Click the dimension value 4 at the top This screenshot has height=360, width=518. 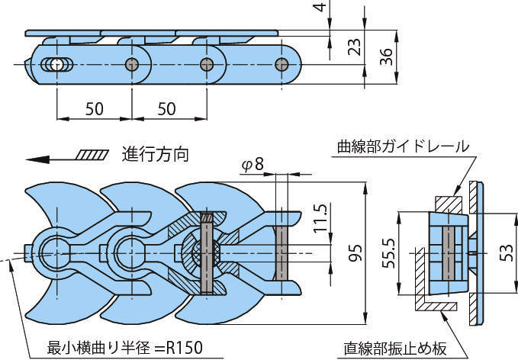coord(320,11)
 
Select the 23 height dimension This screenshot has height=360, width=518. coord(353,48)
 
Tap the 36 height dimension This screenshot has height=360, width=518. coord(385,56)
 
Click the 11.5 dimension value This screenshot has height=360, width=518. coord(320,220)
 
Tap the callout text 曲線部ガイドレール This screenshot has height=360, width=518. coord(404,146)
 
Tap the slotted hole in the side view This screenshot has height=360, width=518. coord(53,63)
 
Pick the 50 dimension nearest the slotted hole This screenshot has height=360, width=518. coord(94,109)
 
